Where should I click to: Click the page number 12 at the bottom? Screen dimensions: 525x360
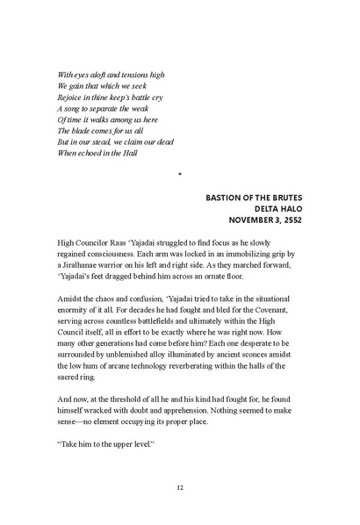pyautogui.click(x=179, y=487)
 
